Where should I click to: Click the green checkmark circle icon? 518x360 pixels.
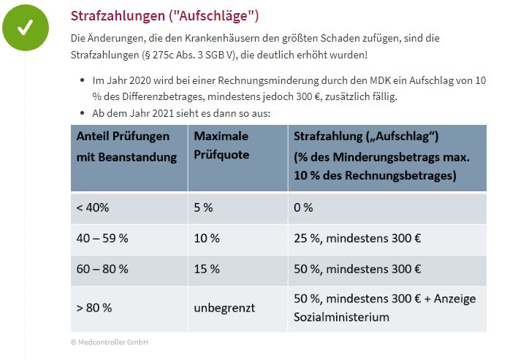coord(26,28)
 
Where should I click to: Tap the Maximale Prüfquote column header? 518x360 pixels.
coord(221,146)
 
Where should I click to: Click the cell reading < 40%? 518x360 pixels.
coord(93,207)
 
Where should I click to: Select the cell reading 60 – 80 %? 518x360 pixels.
coord(102,269)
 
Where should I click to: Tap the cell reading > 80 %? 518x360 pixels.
coord(94,307)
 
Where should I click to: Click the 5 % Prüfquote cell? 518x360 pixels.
coord(203,207)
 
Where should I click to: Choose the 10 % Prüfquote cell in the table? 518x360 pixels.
coord(206,238)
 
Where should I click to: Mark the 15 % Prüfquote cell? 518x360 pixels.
coord(206,269)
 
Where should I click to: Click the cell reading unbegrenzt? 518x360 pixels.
coord(224,307)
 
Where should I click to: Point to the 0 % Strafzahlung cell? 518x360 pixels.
coord(303,207)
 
